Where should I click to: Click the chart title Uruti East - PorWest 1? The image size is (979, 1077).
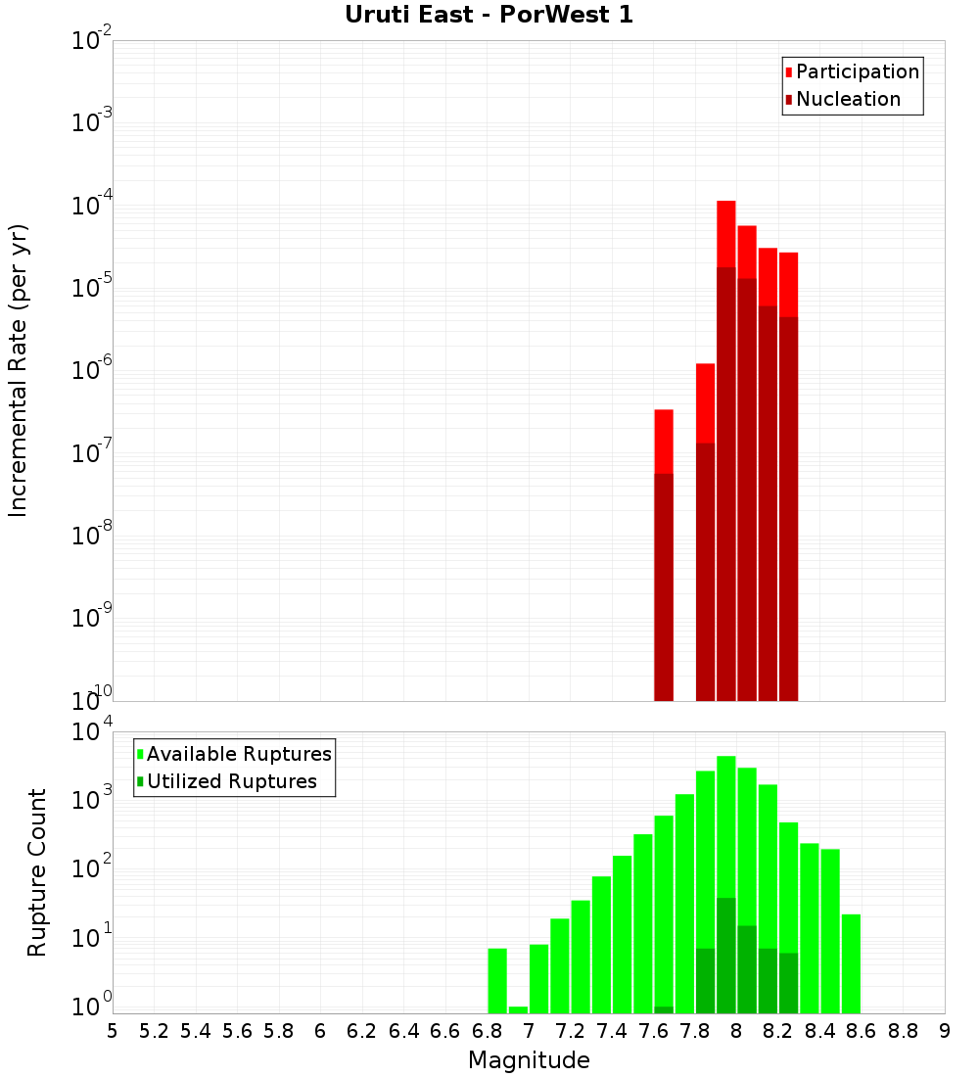pyautogui.click(x=489, y=16)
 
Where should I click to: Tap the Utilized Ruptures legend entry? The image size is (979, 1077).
pyautogui.click(x=231, y=781)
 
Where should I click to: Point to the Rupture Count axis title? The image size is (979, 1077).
pyautogui.click(x=37, y=871)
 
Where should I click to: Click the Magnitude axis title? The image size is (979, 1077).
pyautogui.click(x=529, y=1060)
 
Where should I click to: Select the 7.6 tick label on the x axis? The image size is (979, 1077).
pyautogui.click(x=654, y=1031)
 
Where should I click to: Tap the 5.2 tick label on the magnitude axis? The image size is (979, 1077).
pyautogui.click(x=155, y=1031)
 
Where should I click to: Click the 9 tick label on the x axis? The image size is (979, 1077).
pyautogui.click(x=945, y=1031)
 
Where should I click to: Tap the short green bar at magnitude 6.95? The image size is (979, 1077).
pyautogui.click(x=519, y=1009)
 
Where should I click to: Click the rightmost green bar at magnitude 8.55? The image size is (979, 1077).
pyautogui.click(x=851, y=964)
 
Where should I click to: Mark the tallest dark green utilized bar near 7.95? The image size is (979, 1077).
pyautogui.click(x=726, y=956)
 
